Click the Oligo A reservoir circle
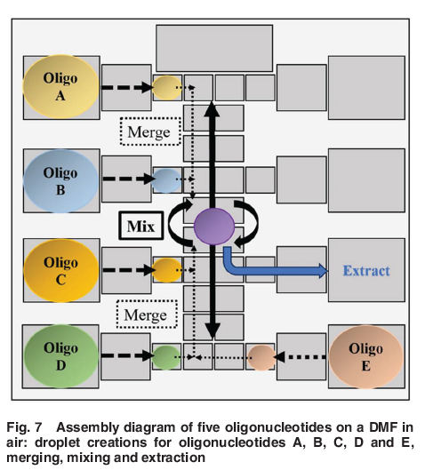tap(60, 87)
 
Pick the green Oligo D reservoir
tap(60, 356)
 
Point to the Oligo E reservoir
tap(365, 357)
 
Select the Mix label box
tap(140, 226)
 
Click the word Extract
tap(366, 270)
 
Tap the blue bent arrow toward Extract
tap(267, 267)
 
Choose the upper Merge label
tap(149, 131)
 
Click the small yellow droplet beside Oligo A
tap(166, 87)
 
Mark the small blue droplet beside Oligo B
tap(166, 179)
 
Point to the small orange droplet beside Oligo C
tap(166, 270)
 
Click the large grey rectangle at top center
tap(214, 48)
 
